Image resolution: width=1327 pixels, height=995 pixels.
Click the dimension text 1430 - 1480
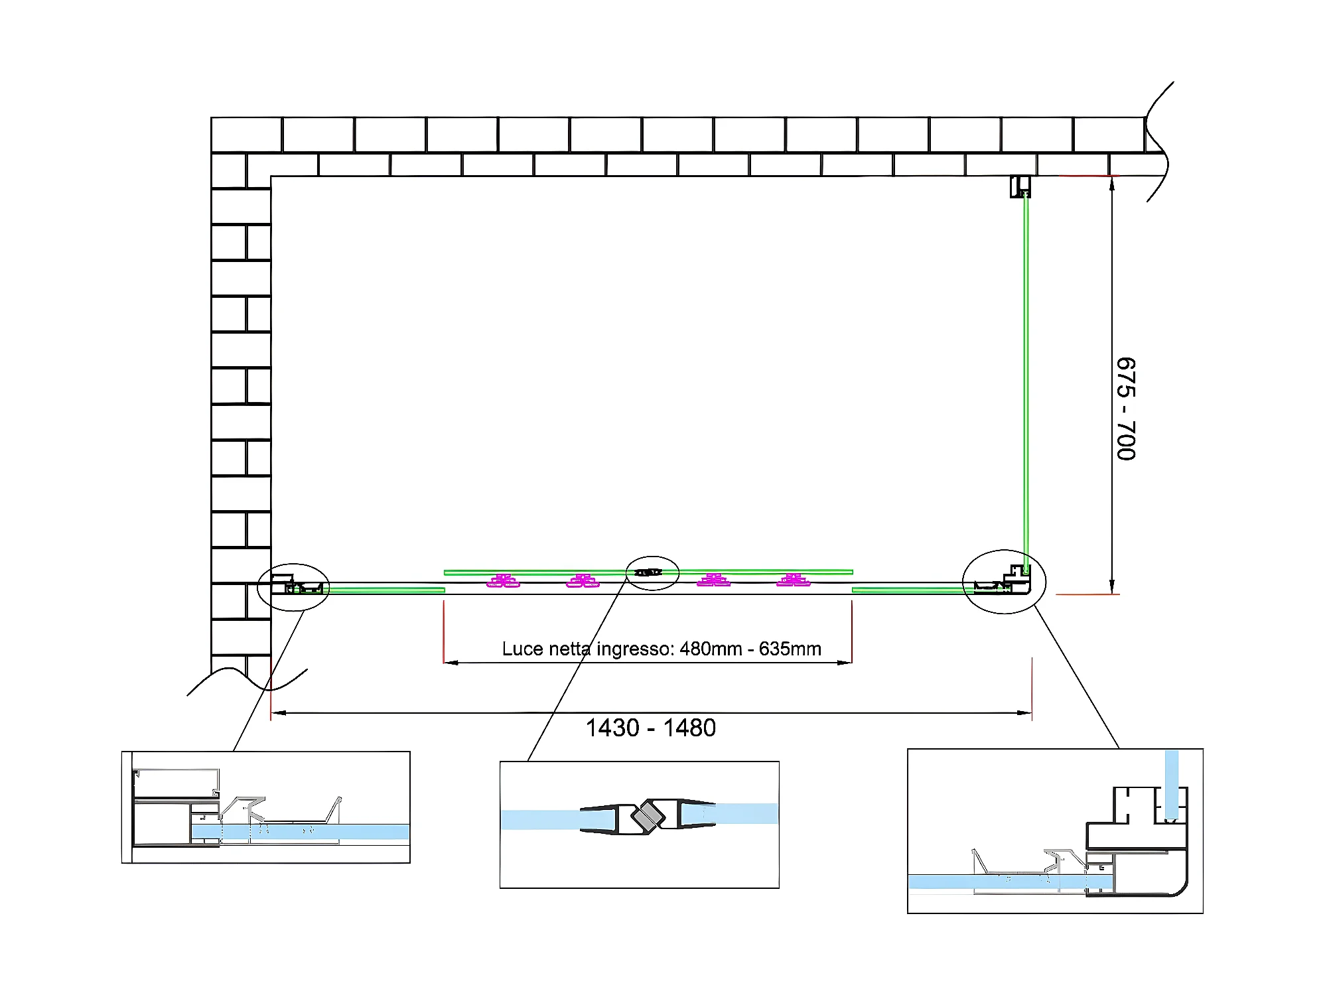point(650,728)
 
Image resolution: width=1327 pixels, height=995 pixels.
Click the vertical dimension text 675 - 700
point(1126,409)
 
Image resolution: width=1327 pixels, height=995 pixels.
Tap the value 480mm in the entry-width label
point(711,649)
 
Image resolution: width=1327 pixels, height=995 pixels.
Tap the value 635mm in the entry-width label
point(790,649)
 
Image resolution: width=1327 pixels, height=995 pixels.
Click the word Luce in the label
point(521,649)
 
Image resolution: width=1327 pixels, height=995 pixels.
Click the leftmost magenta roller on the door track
point(503,582)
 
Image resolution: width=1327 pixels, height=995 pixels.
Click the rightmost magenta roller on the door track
point(794,581)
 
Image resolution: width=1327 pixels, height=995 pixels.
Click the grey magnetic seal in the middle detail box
point(648,816)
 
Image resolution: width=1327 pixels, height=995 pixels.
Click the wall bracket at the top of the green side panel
point(1020,186)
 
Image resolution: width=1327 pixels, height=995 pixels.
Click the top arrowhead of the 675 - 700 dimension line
point(1112,182)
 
